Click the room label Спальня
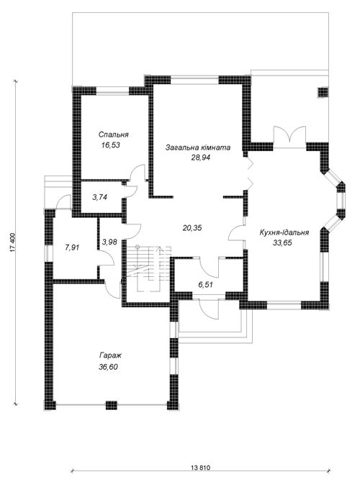113,135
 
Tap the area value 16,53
110,145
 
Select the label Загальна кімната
198,147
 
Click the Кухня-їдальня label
284,232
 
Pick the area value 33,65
282,243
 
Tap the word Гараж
110,356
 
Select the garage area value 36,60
109,367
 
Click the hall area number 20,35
192,228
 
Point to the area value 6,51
205,285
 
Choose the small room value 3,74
99,197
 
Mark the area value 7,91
72,247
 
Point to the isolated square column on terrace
323,92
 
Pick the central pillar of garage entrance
112,405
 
